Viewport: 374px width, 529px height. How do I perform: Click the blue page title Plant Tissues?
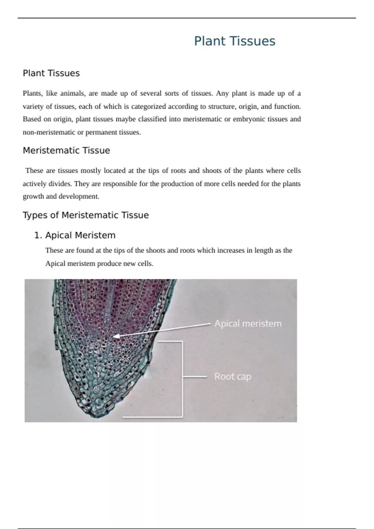[234, 41]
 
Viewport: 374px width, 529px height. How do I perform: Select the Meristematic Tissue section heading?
[66, 151]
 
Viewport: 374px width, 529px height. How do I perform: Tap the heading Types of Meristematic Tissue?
[86, 215]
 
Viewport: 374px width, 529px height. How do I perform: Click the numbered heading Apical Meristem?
[80, 235]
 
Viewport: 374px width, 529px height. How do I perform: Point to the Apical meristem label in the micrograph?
[248, 324]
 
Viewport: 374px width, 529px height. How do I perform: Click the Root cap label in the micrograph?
[233, 377]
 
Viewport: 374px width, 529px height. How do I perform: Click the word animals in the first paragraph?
[72, 93]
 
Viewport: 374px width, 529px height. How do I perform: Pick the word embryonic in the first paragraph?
[244, 119]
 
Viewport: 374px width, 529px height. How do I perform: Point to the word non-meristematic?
[49, 132]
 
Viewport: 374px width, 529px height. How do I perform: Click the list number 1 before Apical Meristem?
[37, 235]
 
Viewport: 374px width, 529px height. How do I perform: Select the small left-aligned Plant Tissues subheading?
[51, 73]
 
